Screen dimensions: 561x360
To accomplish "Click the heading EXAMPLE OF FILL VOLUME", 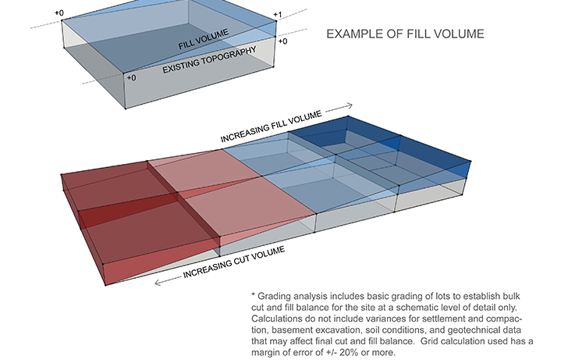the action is pyautogui.click(x=406, y=34).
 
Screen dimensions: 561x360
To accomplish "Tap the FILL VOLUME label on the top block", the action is pyautogui.click(x=203, y=39).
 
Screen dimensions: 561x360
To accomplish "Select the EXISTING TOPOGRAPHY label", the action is pyautogui.click(x=209, y=60).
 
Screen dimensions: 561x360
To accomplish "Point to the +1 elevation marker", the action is pyautogui.click(x=278, y=15).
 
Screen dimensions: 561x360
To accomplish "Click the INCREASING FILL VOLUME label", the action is pyautogui.click(x=272, y=127).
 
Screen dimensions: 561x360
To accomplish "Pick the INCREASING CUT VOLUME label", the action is pyautogui.click(x=234, y=262).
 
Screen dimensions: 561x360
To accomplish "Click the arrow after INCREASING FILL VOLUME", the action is pyautogui.click(x=339, y=107).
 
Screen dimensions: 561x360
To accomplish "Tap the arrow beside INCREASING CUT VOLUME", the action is pyautogui.click(x=168, y=281).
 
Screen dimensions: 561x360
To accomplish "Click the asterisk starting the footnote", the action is pyautogui.click(x=253, y=295).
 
